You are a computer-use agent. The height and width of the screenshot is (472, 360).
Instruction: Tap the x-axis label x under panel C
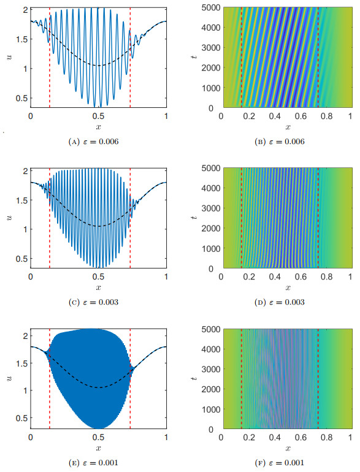99,287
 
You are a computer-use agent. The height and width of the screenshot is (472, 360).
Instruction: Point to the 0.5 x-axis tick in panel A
99,116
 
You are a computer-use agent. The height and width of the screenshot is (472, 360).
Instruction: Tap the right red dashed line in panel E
131,380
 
